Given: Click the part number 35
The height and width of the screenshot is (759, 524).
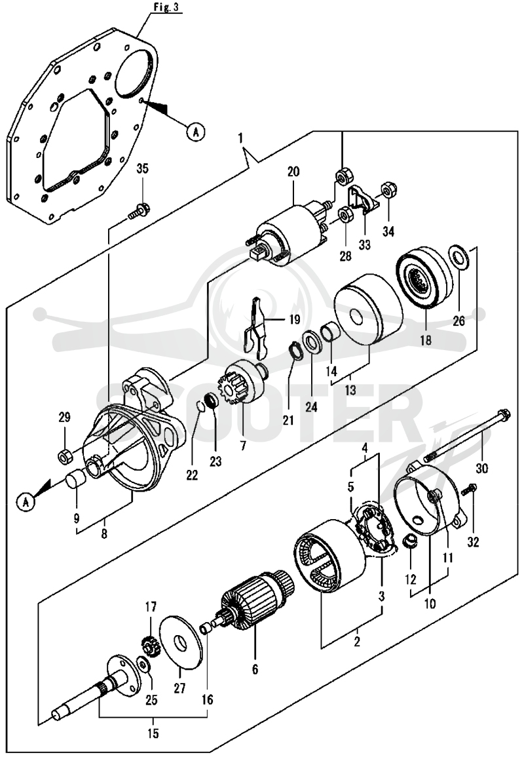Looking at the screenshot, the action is pos(142,169).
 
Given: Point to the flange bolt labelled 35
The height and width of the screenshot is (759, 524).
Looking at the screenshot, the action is pos(140,211).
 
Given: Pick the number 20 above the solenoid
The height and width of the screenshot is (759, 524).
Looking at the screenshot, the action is pos(293,172).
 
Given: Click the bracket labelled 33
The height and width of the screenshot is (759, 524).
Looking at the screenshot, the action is pos(362,199).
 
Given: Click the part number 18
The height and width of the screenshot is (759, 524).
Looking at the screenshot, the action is pos(425,340).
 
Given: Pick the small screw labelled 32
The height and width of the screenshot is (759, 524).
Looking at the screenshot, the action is pos(468,490).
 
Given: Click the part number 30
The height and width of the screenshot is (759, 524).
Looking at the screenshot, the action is pos(482,468).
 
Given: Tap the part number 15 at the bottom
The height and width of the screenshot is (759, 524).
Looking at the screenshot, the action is pos(153,734).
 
